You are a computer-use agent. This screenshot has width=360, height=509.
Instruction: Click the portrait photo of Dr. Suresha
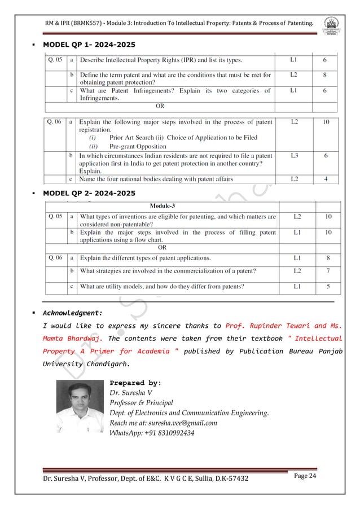tap(80, 407)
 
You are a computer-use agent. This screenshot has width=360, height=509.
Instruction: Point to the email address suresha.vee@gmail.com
tap(163, 423)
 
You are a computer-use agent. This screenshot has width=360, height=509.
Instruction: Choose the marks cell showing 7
tap(328, 271)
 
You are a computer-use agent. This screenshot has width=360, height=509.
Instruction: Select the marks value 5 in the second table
tap(328, 286)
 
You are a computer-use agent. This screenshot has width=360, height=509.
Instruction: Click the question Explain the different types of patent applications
tap(146, 258)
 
